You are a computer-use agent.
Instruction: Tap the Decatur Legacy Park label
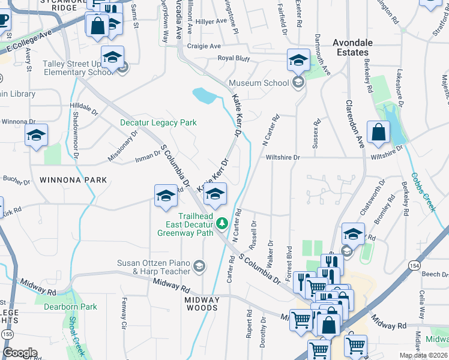point(158,122)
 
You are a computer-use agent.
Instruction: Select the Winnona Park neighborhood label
point(73,179)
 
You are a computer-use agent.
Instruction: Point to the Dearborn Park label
point(70,307)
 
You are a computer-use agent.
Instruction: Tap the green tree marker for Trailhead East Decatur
point(222,224)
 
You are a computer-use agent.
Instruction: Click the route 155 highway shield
point(7,333)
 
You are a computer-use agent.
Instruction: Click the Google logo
point(20,353)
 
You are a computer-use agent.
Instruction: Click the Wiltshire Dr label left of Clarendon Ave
point(282,157)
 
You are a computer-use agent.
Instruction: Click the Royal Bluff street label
point(234,58)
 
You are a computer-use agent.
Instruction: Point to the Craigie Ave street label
point(204,46)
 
